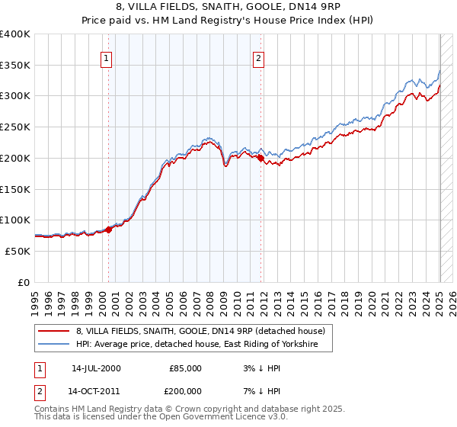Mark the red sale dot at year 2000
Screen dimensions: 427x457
pos(108,229)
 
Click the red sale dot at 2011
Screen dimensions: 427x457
pos(260,158)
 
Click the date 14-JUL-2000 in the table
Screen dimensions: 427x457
pos(96,368)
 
